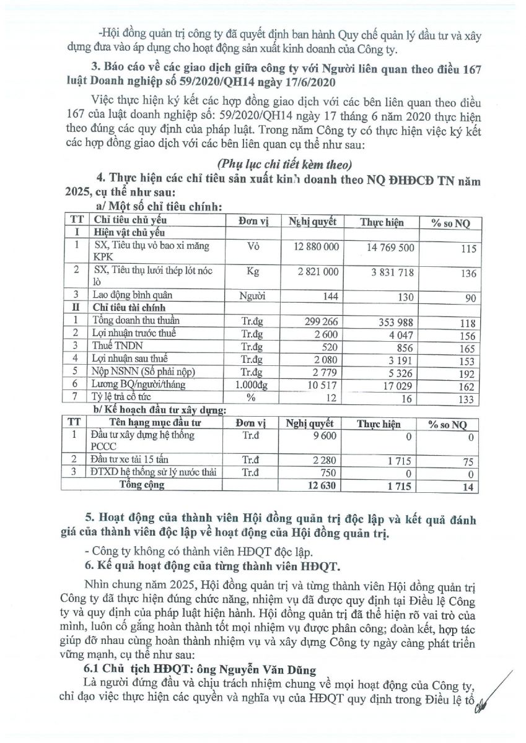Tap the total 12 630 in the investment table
click(x=320, y=485)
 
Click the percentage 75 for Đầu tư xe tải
click(x=469, y=460)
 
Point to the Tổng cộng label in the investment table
click(x=142, y=485)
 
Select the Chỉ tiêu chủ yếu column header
click(x=131, y=220)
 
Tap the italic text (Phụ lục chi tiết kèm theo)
click(x=284, y=165)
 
